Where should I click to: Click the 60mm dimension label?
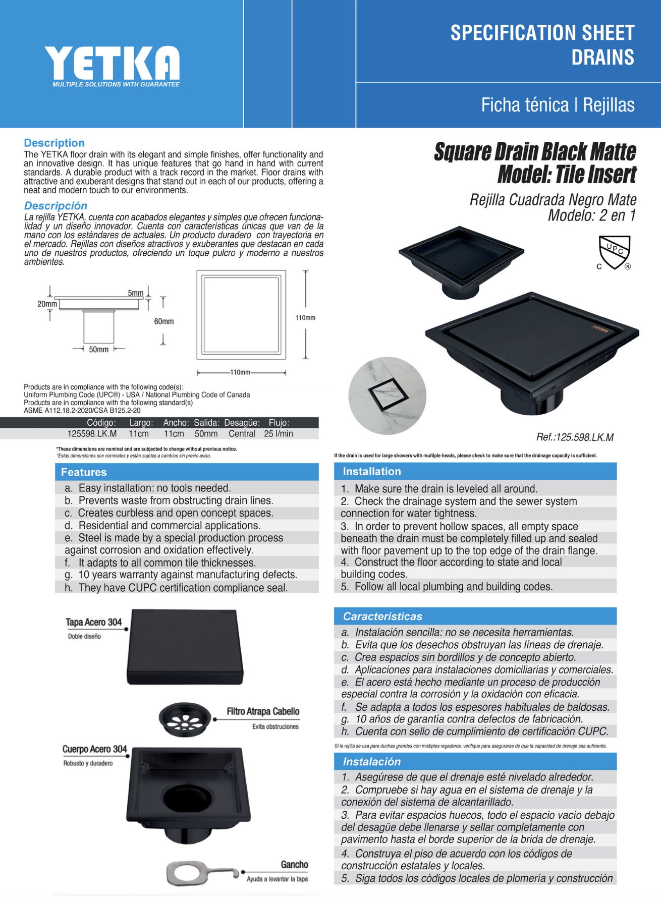[163, 321]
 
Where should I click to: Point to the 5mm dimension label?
[135, 293]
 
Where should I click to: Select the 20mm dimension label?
[47, 304]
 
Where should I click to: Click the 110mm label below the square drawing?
[240, 372]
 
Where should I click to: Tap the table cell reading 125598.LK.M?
[92, 433]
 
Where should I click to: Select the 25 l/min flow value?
[278, 433]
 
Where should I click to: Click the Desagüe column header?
[242, 423]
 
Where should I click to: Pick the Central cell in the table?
[242, 433]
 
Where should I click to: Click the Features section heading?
[84, 472]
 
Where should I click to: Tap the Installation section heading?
[372, 471]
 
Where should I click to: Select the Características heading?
[382, 616]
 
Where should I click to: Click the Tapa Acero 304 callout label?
[94, 622]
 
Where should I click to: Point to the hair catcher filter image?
[185, 718]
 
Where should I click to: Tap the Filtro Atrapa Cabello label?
[263, 711]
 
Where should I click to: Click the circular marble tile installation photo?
[387, 396]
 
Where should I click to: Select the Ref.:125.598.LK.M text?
[575, 437]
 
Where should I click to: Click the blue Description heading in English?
[54, 143]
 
